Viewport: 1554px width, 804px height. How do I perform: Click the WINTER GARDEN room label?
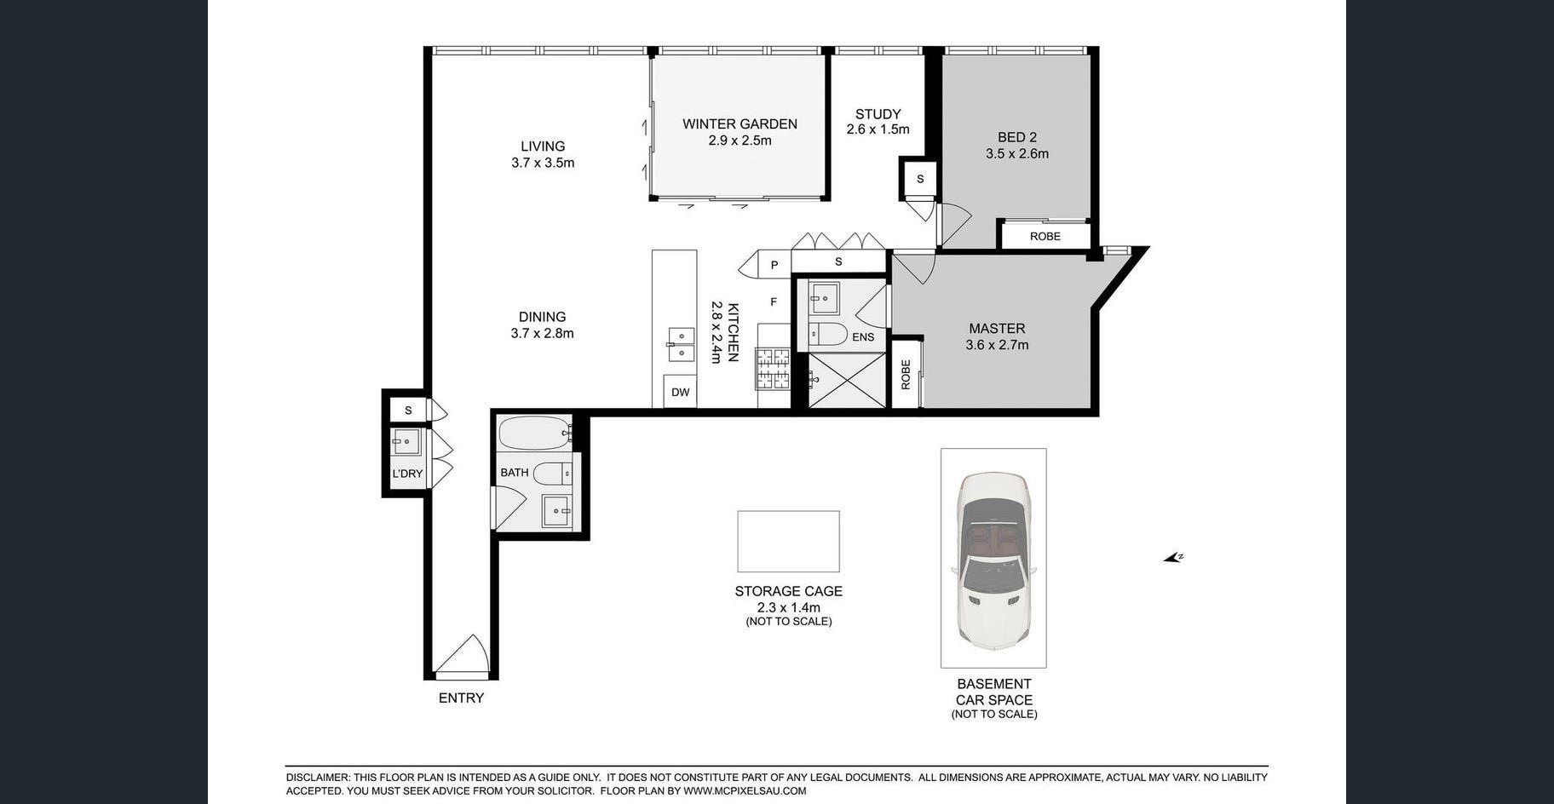(740, 124)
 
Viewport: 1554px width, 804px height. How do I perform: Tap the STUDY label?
(878, 114)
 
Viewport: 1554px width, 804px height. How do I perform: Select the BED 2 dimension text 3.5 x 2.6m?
(1017, 154)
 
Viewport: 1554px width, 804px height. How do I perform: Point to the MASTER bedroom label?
(997, 329)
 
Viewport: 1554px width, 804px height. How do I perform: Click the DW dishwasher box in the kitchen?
(680, 392)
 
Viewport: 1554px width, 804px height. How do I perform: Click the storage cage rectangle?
(788, 542)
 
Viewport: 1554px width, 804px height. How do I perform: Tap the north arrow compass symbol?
(1173, 558)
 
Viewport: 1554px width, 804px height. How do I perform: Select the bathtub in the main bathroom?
(535, 434)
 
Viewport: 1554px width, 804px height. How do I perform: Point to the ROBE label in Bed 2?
(1045, 237)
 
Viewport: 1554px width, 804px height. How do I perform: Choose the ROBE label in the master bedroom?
(906, 375)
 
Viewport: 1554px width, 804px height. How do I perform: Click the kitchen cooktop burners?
(774, 369)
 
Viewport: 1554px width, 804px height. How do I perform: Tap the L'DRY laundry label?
(407, 474)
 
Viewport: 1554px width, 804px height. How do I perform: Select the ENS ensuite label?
(863, 337)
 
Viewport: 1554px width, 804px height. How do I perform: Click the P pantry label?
(774, 265)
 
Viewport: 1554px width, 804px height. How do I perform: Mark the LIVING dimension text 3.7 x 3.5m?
(543, 163)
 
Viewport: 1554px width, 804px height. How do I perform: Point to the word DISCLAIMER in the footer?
(318, 778)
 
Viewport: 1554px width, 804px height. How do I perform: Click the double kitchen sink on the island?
(681, 344)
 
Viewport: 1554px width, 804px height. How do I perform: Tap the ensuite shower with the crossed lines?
(847, 380)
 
